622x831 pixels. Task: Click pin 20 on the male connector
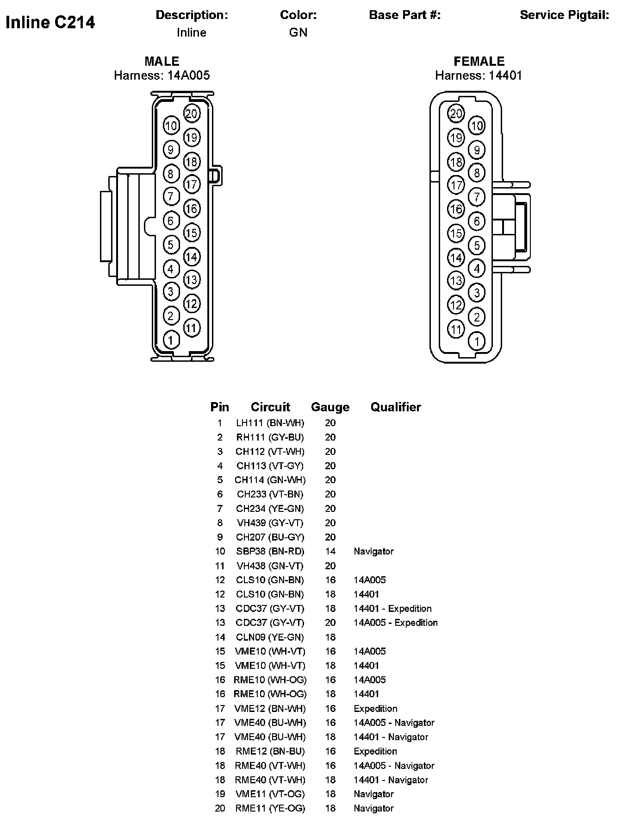pyautogui.click(x=192, y=113)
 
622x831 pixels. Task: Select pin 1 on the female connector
pyautogui.click(x=477, y=341)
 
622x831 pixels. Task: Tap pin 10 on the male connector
pyautogui.click(x=171, y=126)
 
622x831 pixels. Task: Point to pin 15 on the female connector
pyautogui.click(x=456, y=233)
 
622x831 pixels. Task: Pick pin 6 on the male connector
pyautogui.click(x=171, y=220)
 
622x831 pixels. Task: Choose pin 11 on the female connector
pyautogui.click(x=456, y=329)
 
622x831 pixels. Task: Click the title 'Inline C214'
pyautogui.click(x=50, y=22)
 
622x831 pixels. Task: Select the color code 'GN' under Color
pyautogui.click(x=298, y=32)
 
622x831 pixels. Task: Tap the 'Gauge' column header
pyautogui.click(x=330, y=407)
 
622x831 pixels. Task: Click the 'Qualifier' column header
pyautogui.click(x=396, y=407)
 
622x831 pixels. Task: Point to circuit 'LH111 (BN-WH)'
pyautogui.click(x=270, y=423)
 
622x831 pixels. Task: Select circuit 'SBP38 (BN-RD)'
pyautogui.click(x=270, y=551)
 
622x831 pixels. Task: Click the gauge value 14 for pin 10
pyautogui.click(x=330, y=551)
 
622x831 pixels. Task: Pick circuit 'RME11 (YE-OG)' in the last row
pyautogui.click(x=270, y=808)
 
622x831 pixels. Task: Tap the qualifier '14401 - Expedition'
pyautogui.click(x=392, y=609)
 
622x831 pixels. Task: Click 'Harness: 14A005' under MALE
pyautogui.click(x=162, y=76)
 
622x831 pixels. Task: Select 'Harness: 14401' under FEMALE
pyautogui.click(x=479, y=76)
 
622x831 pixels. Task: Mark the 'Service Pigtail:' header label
pyautogui.click(x=564, y=15)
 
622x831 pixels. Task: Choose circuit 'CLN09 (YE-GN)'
pyautogui.click(x=270, y=637)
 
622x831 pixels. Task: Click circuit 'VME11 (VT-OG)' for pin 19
pyautogui.click(x=270, y=794)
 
